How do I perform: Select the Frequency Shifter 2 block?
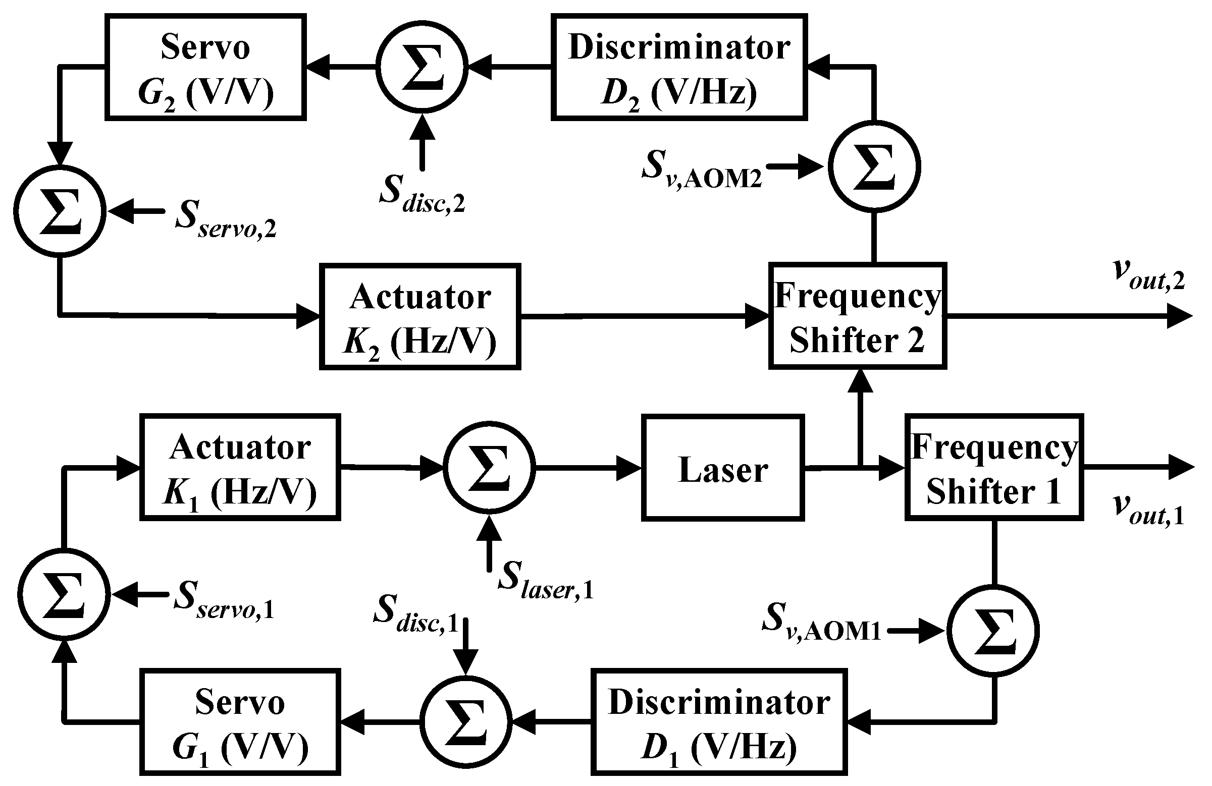pyautogui.click(x=857, y=316)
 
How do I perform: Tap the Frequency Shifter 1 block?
pyautogui.click(x=993, y=467)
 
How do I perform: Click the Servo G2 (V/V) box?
pyautogui.click(x=205, y=67)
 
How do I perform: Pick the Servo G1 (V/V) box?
pyautogui.click(x=240, y=722)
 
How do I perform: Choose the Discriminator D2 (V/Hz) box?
pyautogui.click(x=679, y=67)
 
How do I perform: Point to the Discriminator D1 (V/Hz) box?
pyautogui.click(x=718, y=722)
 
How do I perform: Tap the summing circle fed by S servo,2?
pyautogui.click(x=60, y=211)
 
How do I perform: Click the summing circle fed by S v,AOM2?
pyautogui.click(x=874, y=166)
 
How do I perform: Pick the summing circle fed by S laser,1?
pyautogui.click(x=489, y=467)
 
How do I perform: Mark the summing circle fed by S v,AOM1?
pyautogui.click(x=993, y=631)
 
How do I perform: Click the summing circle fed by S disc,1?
pyautogui.click(x=466, y=722)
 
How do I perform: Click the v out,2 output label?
pyautogui.click(x=1149, y=275)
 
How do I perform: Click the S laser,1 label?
pyautogui.click(x=545, y=580)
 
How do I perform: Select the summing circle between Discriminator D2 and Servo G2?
pyautogui.click(x=421, y=67)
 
